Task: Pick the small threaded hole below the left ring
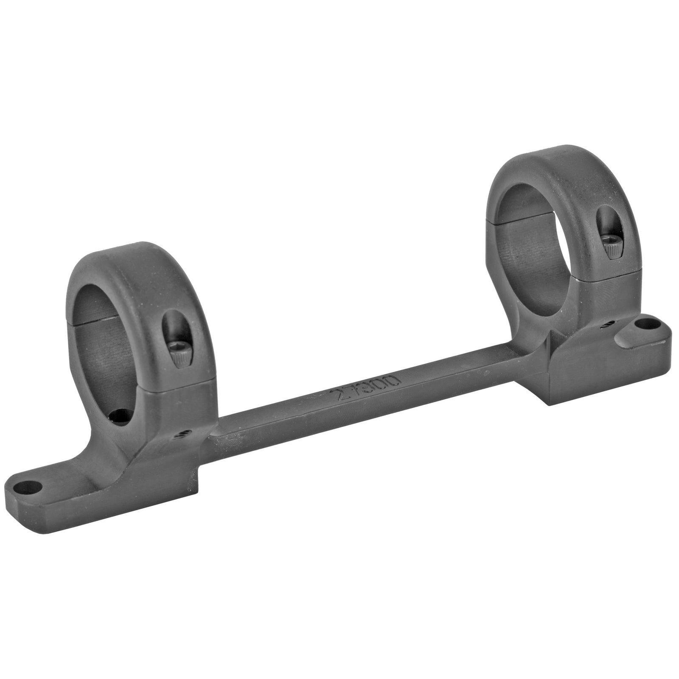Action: coord(183,432)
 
